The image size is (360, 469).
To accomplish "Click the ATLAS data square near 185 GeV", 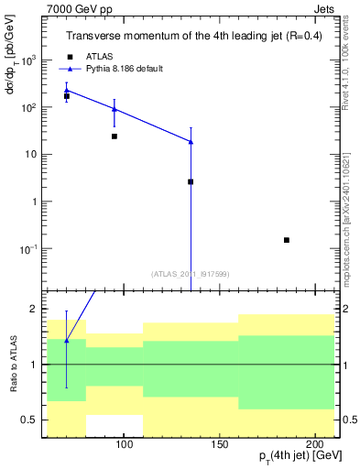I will click(x=287, y=240).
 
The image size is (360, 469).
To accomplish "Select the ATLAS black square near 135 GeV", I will click(x=191, y=181).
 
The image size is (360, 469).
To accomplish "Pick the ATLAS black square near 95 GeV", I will click(x=115, y=136).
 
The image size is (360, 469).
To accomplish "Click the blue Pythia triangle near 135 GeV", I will click(x=191, y=141).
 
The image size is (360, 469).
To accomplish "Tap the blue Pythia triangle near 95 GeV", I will click(x=115, y=109).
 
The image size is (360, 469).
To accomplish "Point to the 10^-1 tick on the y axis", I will click(x=41, y=249).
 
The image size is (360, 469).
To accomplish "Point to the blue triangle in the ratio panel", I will click(x=67, y=340).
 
